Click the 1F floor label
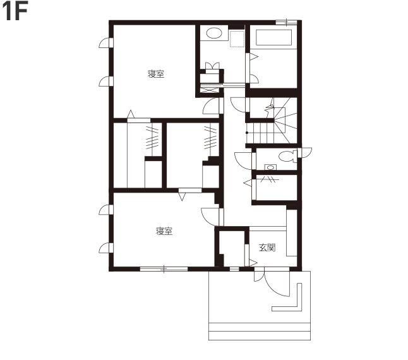click(x=15, y=12)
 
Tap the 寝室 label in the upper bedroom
click(x=156, y=74)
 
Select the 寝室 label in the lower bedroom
click(x=164, y=231)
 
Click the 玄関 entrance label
click(x=267, y=248)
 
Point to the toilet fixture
click(x=288, y=156)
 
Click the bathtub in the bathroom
click(x=273, y=37)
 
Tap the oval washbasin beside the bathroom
click(x=214, y=33)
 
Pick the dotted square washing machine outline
click(x=237, y=39)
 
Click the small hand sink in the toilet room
click(x=270, y=167)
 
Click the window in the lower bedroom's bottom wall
click(x=164, y=269)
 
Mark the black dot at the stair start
click(x=247, y=133)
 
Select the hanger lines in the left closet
click(x=152, y=138)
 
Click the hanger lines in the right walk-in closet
click(x=210, y=138)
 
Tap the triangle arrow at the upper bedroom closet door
click(x=131, y=114)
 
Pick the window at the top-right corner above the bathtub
click(x=286, y=22)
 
